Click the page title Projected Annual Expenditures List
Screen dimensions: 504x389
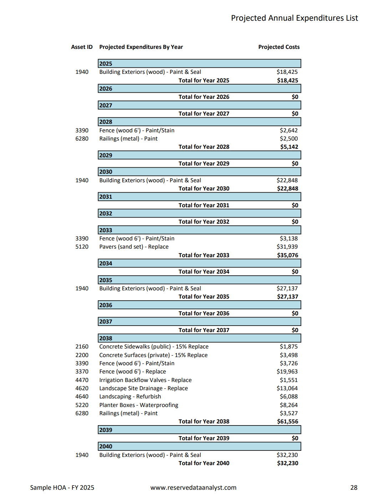coord(294,18)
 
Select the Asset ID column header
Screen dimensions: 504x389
coord(82,47)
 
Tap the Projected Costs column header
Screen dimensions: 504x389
coord(279,47)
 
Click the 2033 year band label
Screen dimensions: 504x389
coord(106,230)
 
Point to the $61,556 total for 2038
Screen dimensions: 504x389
coord(287,422)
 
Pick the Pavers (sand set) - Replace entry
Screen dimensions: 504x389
coord(134,247)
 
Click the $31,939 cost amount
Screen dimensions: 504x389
coord(287,247)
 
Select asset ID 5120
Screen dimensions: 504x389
coord(82,247)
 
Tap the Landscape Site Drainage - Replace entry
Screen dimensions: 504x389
coord(143,388)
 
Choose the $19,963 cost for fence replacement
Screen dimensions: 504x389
coord(287,372)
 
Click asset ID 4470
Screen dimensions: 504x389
coord(82,380)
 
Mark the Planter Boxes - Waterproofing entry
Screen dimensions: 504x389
coord(138,405)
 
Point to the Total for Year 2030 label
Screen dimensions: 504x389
coord(204,189)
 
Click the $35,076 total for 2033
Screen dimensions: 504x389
coord(287,255)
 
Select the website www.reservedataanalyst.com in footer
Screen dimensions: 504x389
coord(193,488)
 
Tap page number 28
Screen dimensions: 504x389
coord(354,488)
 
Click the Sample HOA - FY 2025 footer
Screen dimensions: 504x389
coord(62,488)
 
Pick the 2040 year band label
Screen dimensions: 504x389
coord(106,447)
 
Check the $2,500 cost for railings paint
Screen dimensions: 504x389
coord(288,139)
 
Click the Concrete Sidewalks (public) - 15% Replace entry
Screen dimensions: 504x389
coord(154,347)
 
